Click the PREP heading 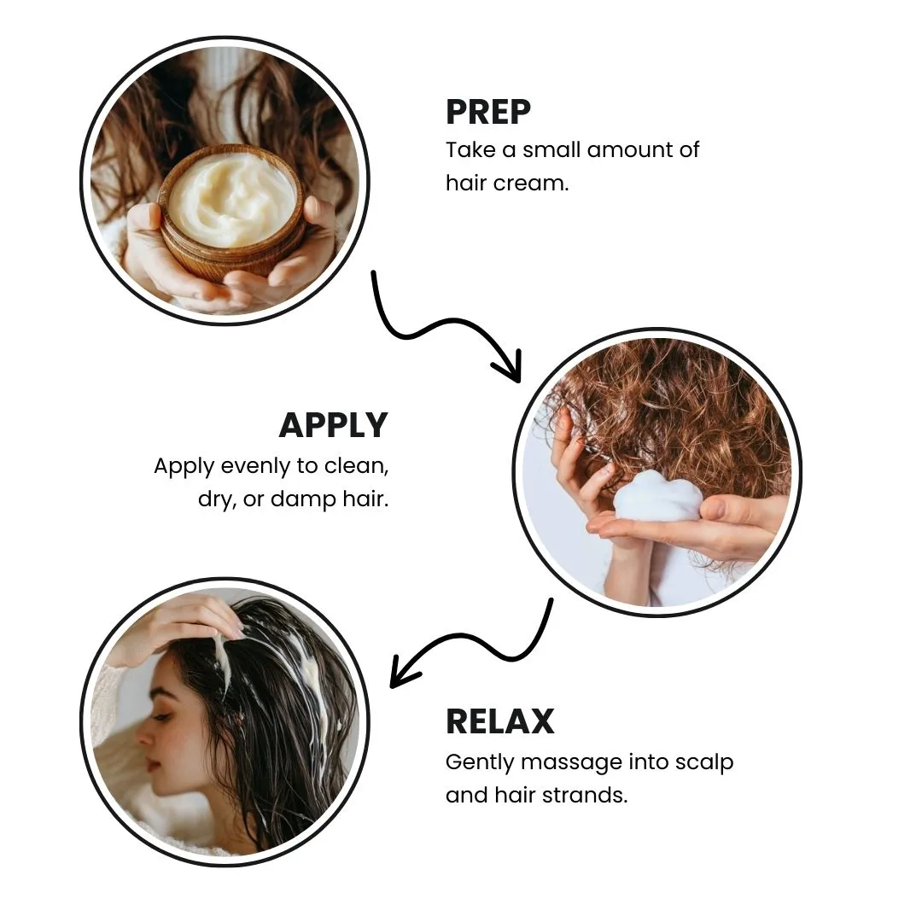tap(488, 112)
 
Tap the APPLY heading tap(334, 425)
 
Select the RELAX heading tap(499, 721)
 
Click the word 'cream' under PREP tap(531, 184)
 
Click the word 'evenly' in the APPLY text tap(255, 467)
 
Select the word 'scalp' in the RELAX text tap(703, 762)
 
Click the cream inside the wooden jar tap(231, 200)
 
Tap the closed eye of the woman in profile tap(161, 717)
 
